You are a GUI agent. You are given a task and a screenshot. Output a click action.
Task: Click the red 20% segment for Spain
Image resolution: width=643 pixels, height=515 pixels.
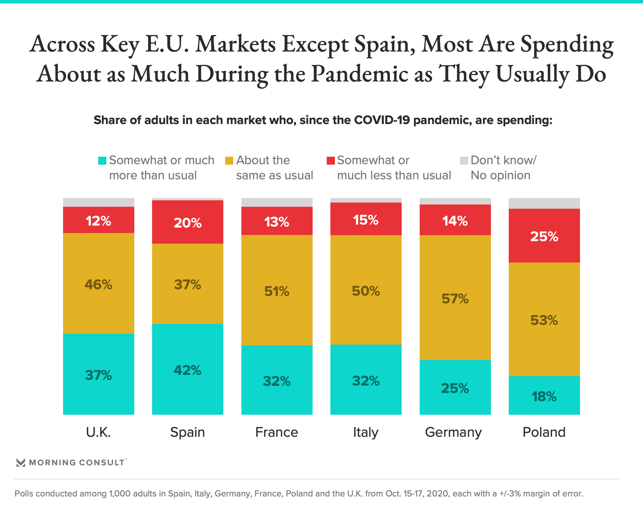(x=188, y=222)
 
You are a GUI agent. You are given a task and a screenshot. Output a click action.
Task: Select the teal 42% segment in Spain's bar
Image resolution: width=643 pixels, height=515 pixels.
(x=188, y=369)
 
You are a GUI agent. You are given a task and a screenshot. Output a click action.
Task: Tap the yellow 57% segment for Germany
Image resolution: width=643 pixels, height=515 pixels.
(x=455, y=298)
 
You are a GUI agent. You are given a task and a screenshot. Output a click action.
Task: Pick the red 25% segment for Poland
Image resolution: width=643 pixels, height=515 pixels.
(x=544, y=236)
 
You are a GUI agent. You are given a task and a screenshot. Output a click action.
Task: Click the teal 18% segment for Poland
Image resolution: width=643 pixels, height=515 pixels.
(x=544, y=396)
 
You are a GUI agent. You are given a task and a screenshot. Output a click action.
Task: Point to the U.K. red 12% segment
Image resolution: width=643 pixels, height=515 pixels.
(x=98, y=220)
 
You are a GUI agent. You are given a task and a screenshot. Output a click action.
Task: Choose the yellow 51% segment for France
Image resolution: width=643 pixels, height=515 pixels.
(x=277, y=290)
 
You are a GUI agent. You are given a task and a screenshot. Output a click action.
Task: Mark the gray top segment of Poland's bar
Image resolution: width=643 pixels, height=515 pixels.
(x=544, y=204)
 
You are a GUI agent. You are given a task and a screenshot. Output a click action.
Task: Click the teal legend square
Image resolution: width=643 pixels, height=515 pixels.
(x=102, y=161)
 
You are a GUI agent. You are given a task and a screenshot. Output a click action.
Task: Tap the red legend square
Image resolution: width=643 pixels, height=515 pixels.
(x=331, y=161)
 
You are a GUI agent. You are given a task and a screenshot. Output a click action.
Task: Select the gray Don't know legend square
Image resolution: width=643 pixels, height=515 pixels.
(x=464, y=161)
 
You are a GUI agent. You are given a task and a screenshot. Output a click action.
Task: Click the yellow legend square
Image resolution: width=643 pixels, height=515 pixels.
(x=229, y=161)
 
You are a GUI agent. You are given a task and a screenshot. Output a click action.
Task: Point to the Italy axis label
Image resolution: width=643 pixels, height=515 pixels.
(x=366, y=432)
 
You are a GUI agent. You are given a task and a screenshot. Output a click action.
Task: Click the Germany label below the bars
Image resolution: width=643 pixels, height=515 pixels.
(x=453, y=432)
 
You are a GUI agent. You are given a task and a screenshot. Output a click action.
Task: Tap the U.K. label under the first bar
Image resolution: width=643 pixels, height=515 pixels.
(x=98, y=432)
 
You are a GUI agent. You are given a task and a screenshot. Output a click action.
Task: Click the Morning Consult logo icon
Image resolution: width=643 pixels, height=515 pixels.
(x=21, y=463)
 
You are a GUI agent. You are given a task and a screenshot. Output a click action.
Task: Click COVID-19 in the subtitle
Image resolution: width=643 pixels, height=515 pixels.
(x=382, y=120)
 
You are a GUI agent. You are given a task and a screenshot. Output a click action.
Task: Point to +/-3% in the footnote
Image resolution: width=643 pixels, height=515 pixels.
(x=509, y=494)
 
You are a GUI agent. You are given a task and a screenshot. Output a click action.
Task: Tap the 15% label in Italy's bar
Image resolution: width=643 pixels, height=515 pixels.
(x=366, y=220)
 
